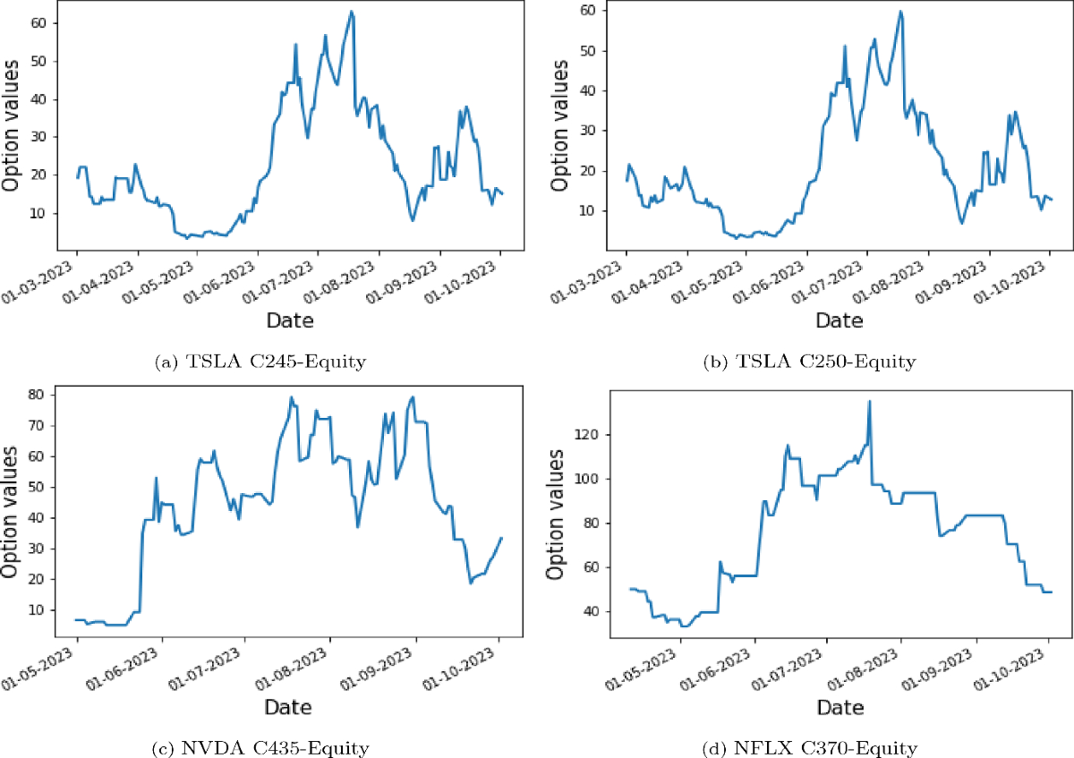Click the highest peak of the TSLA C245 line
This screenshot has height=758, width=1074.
pyautogui.click(x=352, y=12)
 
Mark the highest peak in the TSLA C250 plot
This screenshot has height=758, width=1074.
pyautogui.click(x=900, y=12)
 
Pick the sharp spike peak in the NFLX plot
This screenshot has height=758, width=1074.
pyautogui.click(x=870, y=401)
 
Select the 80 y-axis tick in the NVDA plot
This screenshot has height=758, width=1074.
pyautogui.click(x=39, y=395)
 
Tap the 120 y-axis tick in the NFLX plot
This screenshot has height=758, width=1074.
pyautogui.click(x=586, y=435)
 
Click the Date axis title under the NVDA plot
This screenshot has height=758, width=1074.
pyautogui.click(x=289, y=707)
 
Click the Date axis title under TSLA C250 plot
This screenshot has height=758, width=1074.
pyautogui.click(x=839, y=319)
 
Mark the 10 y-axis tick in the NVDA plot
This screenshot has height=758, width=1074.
pyautogui.click(x=39, y=609)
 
